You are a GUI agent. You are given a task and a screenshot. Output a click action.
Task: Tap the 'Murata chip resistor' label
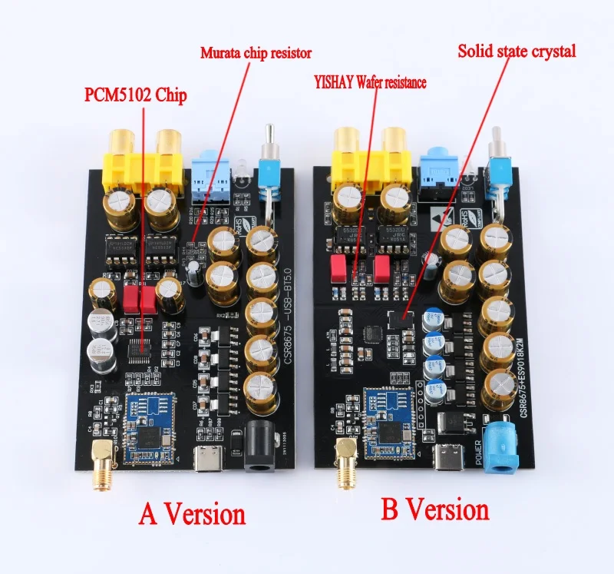click(x=256, y=53)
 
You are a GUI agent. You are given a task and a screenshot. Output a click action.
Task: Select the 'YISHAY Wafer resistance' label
click(x=368, y=81)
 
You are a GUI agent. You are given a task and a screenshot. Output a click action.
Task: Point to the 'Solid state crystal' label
click(x=517, y=51)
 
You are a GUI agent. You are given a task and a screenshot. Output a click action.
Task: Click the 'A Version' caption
click(x=192, y=513)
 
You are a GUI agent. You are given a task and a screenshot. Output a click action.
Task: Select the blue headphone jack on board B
click(x=438, y=165)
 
